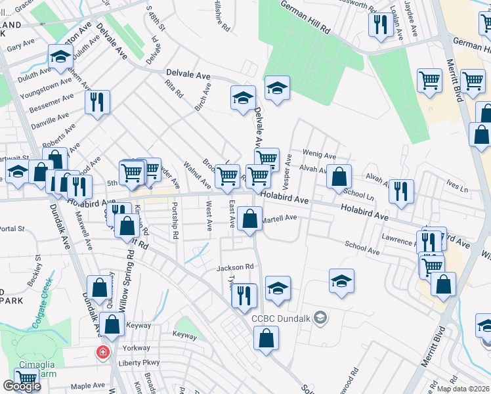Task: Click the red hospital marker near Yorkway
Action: tap(103, 352)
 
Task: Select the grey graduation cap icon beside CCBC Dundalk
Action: tap(320, 318)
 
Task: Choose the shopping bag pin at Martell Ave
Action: tap(249, 219)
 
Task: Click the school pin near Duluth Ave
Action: tap(60, 57)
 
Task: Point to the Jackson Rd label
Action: tap(235, 267)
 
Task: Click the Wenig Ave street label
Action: tap(319, 153)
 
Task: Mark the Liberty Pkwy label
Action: tap(139, 362)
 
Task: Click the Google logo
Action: tap(22, 386)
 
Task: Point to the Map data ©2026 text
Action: tap(462, 389)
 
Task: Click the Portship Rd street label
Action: tap(175, 221)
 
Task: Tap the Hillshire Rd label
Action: tap(221, 16)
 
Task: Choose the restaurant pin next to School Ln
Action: tap(400, 191)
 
